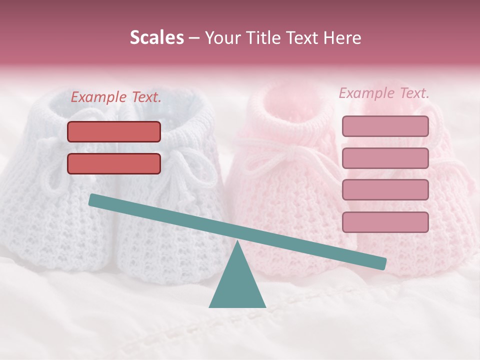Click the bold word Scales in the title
tap(156, 38)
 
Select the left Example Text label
tap(116, 97)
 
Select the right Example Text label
tap(384, 93)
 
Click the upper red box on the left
tap(114, 131)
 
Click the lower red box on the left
tap(114, 163)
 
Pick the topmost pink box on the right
tap(385, 126)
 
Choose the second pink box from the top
tap(385, 158)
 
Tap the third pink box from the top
tap(385, 189)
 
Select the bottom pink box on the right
tap(385, 222)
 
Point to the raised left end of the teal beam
tap(93, 200)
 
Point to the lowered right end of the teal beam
tap(382, 263)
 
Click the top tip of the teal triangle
tap(237, 242)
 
